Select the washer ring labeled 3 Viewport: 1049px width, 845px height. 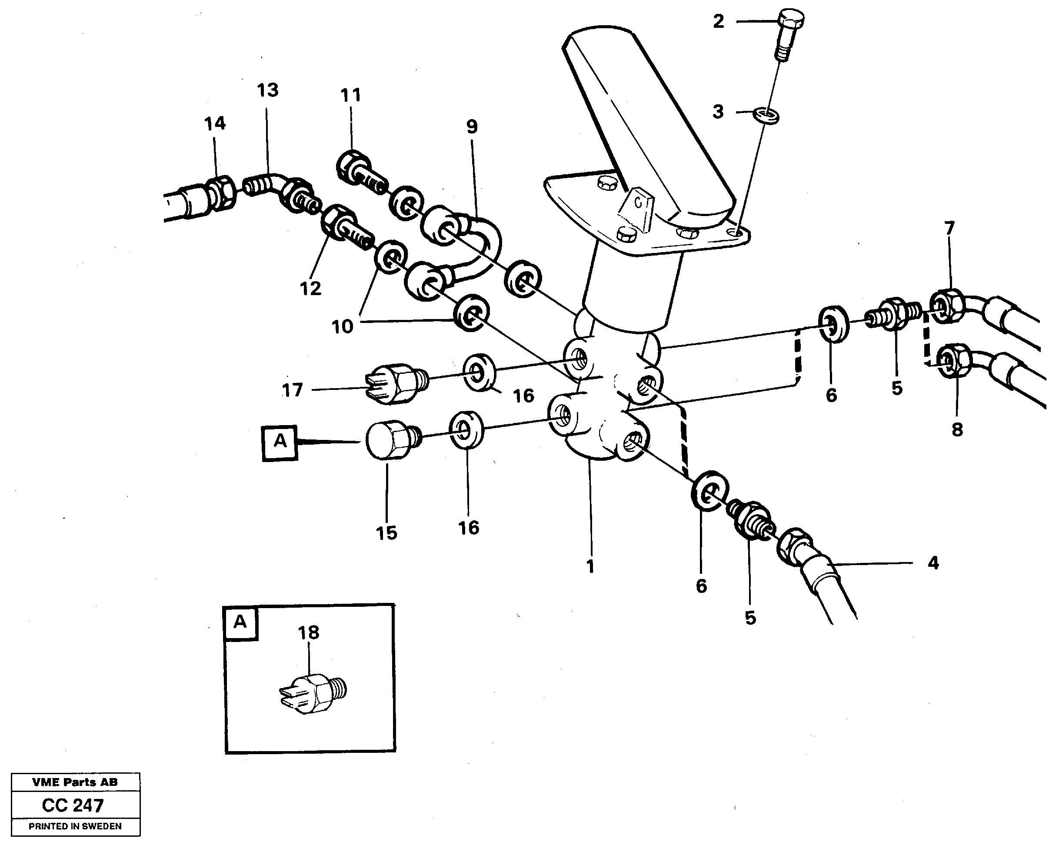pos(766,116)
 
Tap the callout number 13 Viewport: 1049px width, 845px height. pos(268,90)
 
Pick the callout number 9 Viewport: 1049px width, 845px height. pos(472,126)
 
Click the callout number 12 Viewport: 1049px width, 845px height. pos(310,288)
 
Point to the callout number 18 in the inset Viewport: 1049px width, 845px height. pos(309,633)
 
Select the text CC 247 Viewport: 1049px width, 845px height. pos(73,805)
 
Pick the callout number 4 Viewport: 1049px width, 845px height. pos(932,563)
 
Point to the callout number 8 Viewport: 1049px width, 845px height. pos(957,430)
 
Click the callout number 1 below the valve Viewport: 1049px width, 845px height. pos(590,566)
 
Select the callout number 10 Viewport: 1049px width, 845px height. pos(342,326)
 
